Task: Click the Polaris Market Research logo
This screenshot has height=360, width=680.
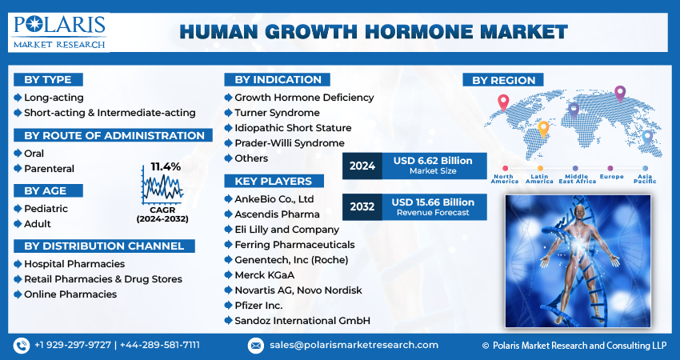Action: [59, 31]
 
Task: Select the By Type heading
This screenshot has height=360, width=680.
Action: [48, 79]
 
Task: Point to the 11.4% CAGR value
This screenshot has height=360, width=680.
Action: [166, 166]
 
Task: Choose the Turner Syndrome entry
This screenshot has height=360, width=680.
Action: [276, 113]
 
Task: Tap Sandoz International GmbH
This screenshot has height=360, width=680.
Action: [302, 320]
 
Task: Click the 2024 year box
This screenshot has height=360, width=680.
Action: [362, 166]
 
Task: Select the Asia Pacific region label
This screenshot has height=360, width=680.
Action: [645, 178]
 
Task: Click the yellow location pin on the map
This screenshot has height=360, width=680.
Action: [543, 127]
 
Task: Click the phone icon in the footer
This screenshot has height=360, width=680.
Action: [22, 345]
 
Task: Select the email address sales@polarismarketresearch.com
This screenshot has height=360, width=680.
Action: [353, 345]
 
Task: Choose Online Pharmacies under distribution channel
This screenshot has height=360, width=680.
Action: [70, 294]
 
